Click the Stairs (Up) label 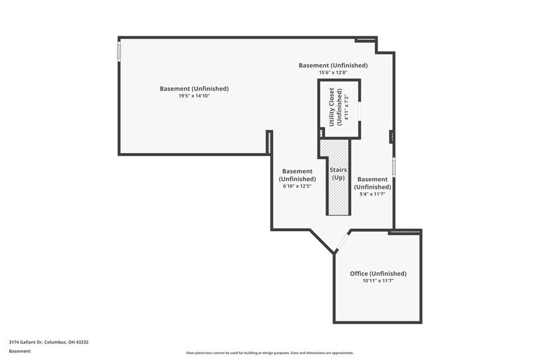click(x=338, y=173)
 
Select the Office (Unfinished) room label click(x=378, y=273)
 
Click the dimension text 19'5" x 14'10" click(x=194, y=96)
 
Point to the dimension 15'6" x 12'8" click(x=333, y=72)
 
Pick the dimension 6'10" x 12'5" click(x=297, y=186)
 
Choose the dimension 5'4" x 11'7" click(x=372, y=194)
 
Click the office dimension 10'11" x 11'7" click(x=378, y=281)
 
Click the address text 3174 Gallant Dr click(x=49, y=342)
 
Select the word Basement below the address click(x=20, y=351)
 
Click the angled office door click(x=342, y=242)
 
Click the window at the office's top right click(x=405, y=231)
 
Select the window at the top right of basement click(x=365, y=39)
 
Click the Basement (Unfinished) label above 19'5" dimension click(x=194, y=88)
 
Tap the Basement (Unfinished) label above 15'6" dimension click(x=333, y=65)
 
